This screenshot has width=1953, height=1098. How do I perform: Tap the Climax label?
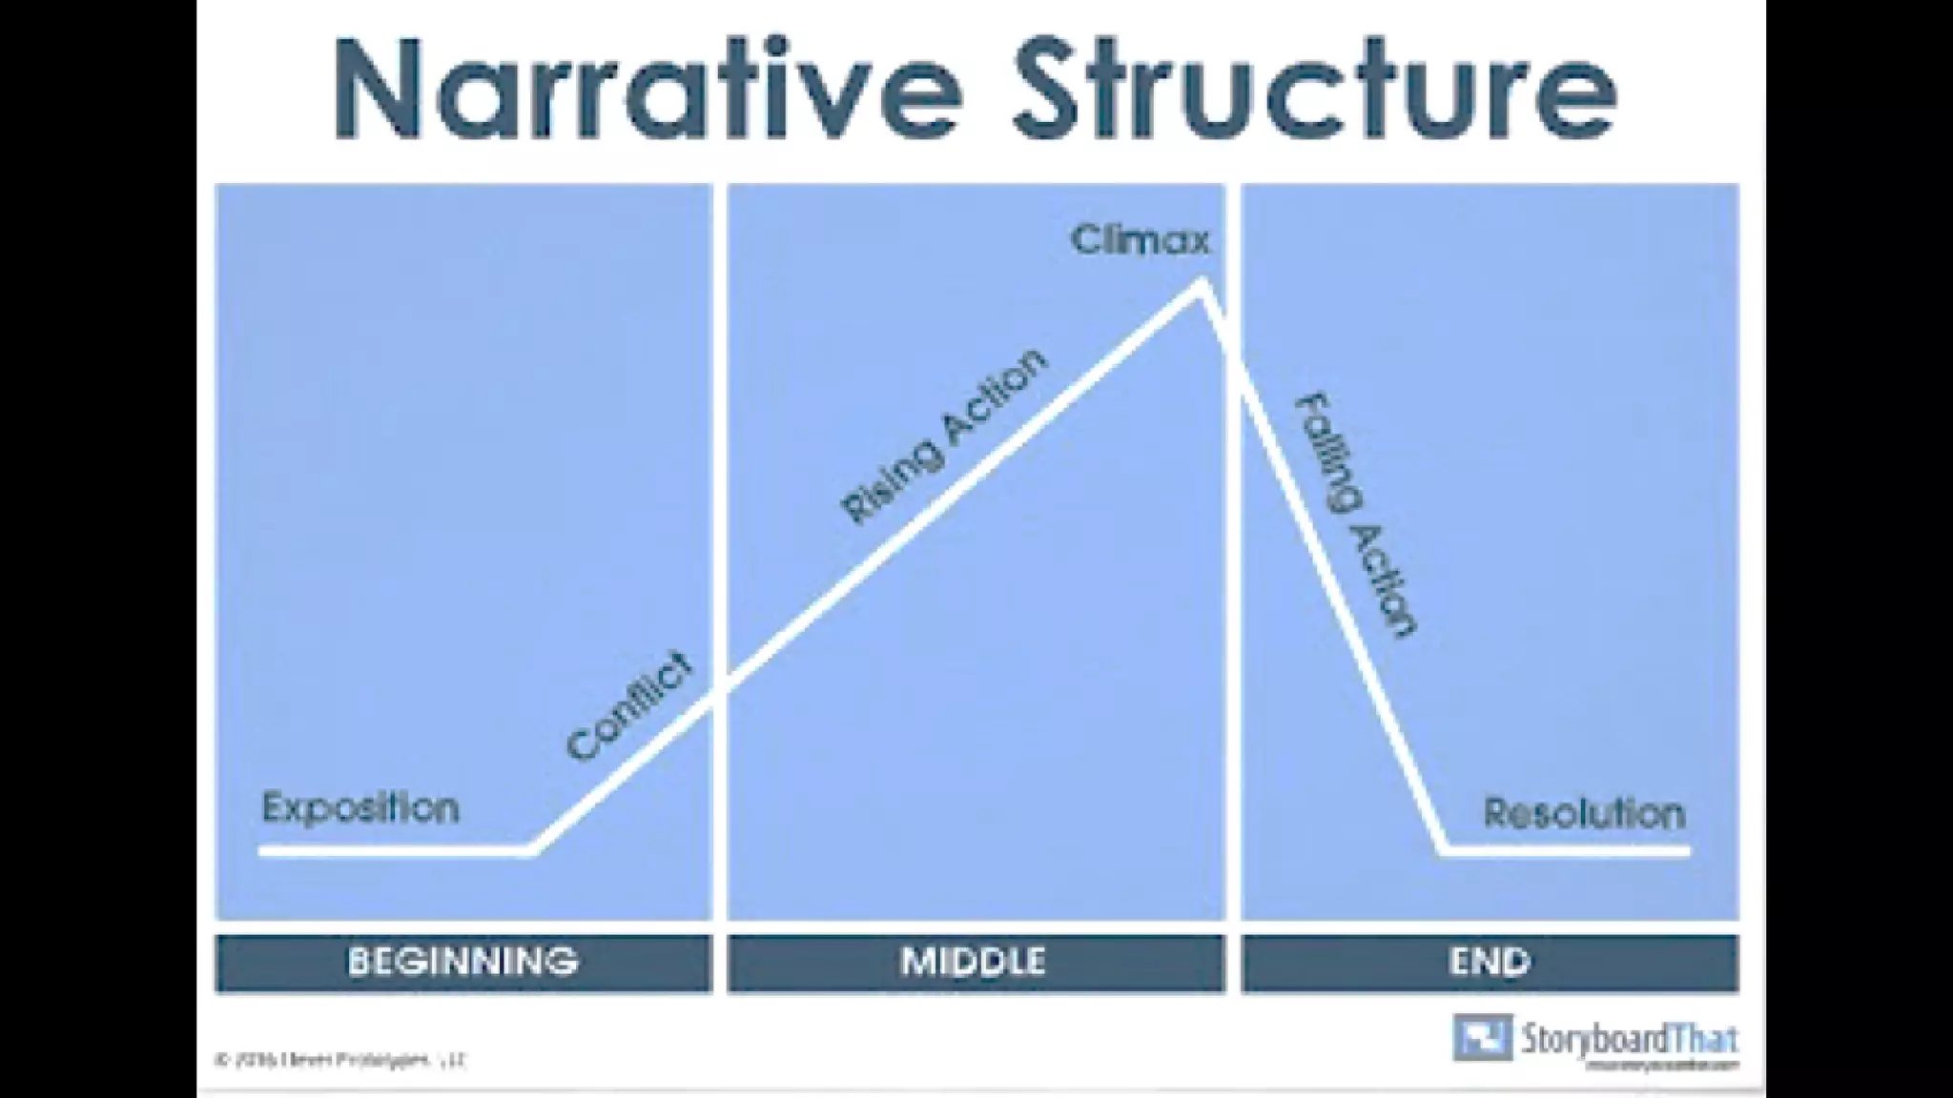pyautogui.click(x=1141, y=239)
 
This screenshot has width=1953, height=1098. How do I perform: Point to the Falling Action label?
pyautogui.click(x=1355, y=515)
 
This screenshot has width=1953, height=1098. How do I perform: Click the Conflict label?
pyautogui.click(x=629, y=705)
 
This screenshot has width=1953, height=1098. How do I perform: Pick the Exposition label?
pyautogui.click(x=360, y=808)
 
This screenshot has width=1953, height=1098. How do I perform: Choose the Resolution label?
pyautogui.click(x=1584, y=813)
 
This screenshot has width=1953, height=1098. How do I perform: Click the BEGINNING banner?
pyautogui.click(x=463, y=962)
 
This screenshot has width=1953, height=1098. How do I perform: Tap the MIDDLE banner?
pyautogui.click(x=975, y=962)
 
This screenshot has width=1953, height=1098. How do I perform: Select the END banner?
pyautogui.click(x=1490, y=962)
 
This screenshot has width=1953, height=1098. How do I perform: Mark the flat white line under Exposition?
pyautogui.click(x=391, y=849)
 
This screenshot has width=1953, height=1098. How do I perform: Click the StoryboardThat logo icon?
pyautogui.click(x=1482, y=1037)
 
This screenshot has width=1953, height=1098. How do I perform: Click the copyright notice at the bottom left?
pyautogui.click(x=341, y=1060)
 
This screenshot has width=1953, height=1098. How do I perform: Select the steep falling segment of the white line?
pyautogui.click(x=1326, y=572)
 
